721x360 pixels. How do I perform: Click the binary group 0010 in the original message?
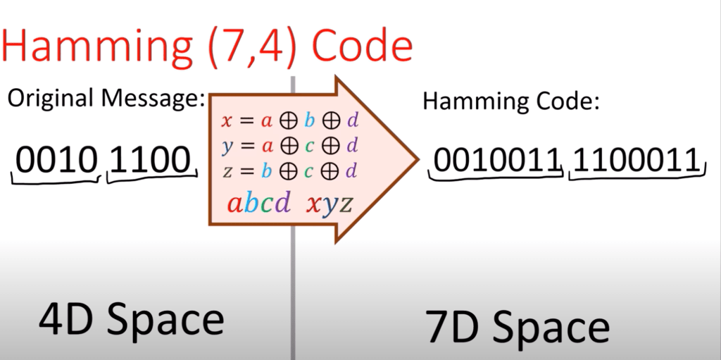tap(55, 161)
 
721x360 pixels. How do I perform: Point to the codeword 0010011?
tap(496, 161)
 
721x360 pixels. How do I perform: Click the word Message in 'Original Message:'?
tap(149, 99)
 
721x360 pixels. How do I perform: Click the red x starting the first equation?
tap(227, 120)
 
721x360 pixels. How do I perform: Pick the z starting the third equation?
tap(227, 171)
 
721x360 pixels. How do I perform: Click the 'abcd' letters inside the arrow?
tap(258, 204)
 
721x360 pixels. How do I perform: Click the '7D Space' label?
tap(518, 326)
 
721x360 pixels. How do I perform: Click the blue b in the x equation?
tap(309, 120)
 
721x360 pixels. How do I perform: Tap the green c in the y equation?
tap(309, 147)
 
